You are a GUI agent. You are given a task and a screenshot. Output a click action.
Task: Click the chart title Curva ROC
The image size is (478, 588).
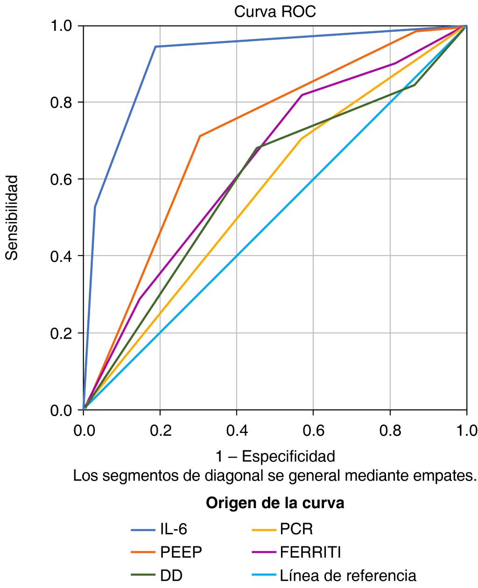pyautogui.click(x=275, y=12)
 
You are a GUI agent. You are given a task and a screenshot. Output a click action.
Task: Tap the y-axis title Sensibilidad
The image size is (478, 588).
pyautogui.click(x=12, y=218)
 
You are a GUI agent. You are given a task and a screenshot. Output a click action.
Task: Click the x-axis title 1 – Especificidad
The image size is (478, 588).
pyautogui.click(x=275, y=456)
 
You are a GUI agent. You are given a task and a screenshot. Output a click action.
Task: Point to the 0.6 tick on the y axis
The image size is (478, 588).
pyautogui.click(x=60, y=179)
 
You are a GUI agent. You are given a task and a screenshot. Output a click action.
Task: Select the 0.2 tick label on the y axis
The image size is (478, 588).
pyautogui.click(x=60, y=333)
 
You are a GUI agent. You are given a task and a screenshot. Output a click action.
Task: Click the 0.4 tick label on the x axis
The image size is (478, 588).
pyautogui.click(x=237, y=431)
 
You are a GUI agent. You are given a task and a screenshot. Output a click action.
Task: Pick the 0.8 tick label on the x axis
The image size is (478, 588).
pyautogui.click(x=390, y=431)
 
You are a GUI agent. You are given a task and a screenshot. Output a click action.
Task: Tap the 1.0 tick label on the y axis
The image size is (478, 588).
pyautogui.click(x=60, y=26)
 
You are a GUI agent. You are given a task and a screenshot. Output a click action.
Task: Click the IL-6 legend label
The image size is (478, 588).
pyautogui.click(x=174, y=529)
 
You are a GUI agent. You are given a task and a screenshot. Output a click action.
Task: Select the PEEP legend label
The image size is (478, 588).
pyautogui.click(x=181, y=552)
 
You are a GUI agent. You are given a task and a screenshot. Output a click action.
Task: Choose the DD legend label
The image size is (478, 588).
pyautogui.click(x=171, y=575)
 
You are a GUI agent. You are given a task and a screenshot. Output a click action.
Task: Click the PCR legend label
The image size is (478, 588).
pyautogui.click(x=296, y=529)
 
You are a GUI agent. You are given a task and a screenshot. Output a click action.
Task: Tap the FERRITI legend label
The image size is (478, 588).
pyautogui.click(x=310, y=552)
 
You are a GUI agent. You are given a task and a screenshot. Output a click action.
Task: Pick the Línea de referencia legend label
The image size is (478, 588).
pyautogui.click(x=348, y=575)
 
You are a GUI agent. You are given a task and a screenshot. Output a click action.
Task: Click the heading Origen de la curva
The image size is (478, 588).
pyautogui.click(x=275, y=503)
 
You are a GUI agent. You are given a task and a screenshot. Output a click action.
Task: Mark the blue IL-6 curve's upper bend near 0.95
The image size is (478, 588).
pyautogui.click(x=156, y=47)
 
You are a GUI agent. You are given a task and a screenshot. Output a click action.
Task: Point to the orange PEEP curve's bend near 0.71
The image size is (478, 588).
pyautogui.click(x=200, y=136)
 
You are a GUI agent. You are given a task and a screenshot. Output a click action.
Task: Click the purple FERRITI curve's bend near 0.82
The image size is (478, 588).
pyautogui.click(x=302, y=95)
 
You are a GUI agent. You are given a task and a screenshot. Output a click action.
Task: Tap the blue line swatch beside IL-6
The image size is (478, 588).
pyautogui.click(x=143, y=530)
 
